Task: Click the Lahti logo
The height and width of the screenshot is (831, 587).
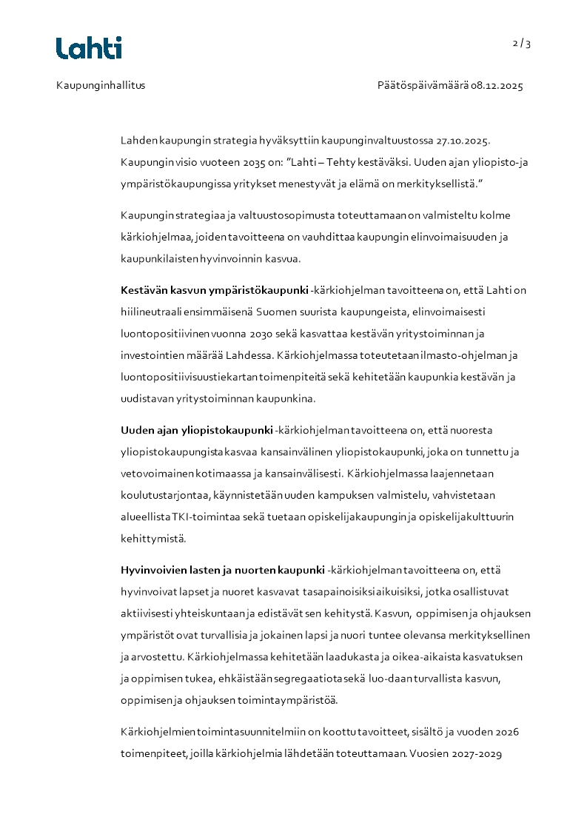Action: (89, 48)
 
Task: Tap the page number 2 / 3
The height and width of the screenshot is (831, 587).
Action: (522, 44)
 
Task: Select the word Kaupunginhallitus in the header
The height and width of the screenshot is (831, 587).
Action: (101, 85)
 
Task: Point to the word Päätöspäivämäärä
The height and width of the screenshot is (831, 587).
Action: (423, 85)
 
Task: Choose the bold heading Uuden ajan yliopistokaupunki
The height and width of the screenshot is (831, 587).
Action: (196, 430)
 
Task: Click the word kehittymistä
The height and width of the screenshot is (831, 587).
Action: (153, 538)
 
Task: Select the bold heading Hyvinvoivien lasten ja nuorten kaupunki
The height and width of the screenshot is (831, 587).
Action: (222, 570)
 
